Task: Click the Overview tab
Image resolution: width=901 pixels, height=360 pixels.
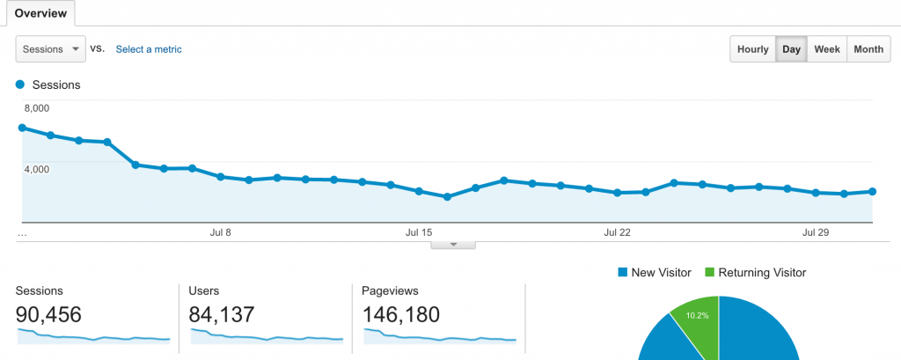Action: point(38,14)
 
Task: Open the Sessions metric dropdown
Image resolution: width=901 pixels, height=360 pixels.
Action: point(50,49)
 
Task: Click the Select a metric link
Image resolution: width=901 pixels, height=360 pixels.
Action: point(149,49)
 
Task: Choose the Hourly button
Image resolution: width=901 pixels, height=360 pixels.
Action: point(752,49)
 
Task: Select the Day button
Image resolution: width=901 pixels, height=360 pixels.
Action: point(791,49)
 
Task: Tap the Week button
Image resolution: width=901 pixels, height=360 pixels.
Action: point(826,49)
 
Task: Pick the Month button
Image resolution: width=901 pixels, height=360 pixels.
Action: point(868,49)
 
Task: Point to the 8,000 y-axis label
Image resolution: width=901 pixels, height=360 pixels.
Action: point(36,108)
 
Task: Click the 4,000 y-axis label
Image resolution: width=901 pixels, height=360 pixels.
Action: point(36,168)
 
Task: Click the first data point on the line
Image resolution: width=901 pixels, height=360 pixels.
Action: point(22,128)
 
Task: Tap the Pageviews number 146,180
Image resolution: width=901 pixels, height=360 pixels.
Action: point(401,314)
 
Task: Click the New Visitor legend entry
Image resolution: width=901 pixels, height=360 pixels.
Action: point(656,273)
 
